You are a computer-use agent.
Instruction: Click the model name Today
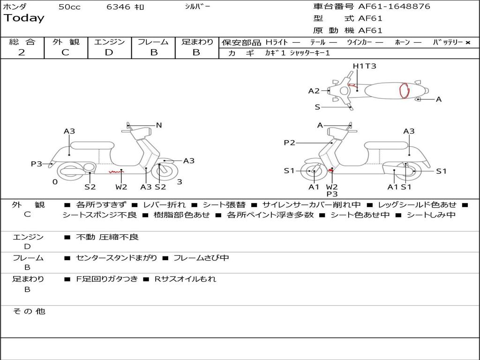tap(24, 18)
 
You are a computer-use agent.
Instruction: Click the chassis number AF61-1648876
tap(394, 7)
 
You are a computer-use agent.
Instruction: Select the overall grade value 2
tap(22, 52)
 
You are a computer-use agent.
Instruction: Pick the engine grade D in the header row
tap(109, 52)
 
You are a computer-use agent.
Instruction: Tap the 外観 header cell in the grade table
tap(66, 42)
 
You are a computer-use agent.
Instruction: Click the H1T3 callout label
tap(364, 66)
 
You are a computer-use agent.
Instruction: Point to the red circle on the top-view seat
tap(405, 91)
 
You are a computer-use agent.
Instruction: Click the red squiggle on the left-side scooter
tap(116, 172)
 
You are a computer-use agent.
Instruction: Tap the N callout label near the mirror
tap(158, 125)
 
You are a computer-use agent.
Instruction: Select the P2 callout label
tap(289, 142)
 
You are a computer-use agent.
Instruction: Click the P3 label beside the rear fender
tap(37, 164)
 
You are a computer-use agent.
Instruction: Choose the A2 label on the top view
tap(314, 91)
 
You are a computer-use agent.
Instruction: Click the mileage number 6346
tap(118, 7)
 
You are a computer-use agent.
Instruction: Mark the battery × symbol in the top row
tap(468, 43)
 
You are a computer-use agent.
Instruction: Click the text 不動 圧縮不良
tap(107, 237)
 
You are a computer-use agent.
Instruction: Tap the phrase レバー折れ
tap(164, 205)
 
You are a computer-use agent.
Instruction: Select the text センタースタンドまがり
tap(116, 258)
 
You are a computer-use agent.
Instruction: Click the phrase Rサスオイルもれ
tap(185, 279)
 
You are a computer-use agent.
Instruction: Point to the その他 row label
tap(29, 311)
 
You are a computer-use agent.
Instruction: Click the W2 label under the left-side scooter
tap(121, 187)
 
